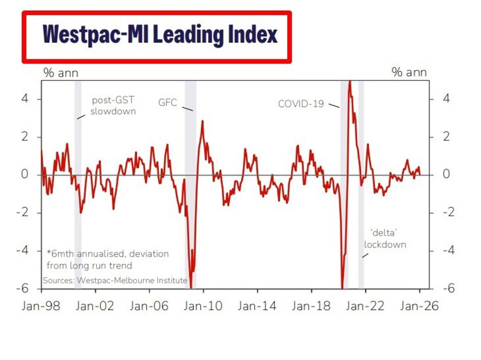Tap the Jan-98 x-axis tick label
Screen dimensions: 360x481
click(x=41, y=306)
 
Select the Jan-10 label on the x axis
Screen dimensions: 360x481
click(x=203, y=306)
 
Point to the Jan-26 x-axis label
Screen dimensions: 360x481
click(x=419, y=306)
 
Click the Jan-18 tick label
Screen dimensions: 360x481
click(x=311, y=306)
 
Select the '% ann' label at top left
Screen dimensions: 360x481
click(x=61, y=73)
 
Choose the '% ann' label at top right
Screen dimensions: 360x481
click(x=409, y=73)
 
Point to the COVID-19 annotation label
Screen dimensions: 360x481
click(x=301, y=104)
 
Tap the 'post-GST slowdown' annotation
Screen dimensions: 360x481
click(x=113, y=106)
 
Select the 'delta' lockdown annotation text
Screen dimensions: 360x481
click(x=385, y=239)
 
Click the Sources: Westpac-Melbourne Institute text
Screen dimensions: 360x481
click(x=115, y=280)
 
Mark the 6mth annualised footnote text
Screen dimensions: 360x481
click(x=107, y=259)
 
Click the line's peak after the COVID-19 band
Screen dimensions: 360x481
click(x=350, y=82)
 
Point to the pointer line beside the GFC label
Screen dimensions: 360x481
click(x=187, y=109)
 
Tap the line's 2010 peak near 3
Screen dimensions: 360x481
click(x=202, y=121)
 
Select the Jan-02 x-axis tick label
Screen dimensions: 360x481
click(x=95, y=306)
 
